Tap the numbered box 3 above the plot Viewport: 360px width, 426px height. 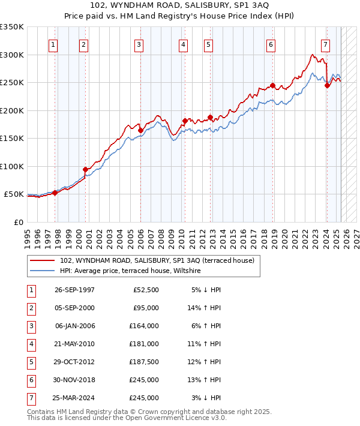tap(139, 44)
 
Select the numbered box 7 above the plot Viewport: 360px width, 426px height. tap(325, 44)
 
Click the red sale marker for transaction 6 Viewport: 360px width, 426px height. tap(272, 85)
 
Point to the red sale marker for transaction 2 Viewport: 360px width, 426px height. tap(85, 169)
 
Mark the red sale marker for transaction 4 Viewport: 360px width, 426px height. tap(184, 121)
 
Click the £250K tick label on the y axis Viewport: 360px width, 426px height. tap(11, 83)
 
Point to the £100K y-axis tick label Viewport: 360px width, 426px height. tap(11, 166)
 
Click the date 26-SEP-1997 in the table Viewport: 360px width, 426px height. tap(74, 290)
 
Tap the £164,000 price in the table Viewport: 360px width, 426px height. tap(145, 326)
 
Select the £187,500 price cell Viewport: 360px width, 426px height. tap(145, 362)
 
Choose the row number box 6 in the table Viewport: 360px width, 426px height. tap(31, 380)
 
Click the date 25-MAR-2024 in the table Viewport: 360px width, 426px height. tap(74, 398)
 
